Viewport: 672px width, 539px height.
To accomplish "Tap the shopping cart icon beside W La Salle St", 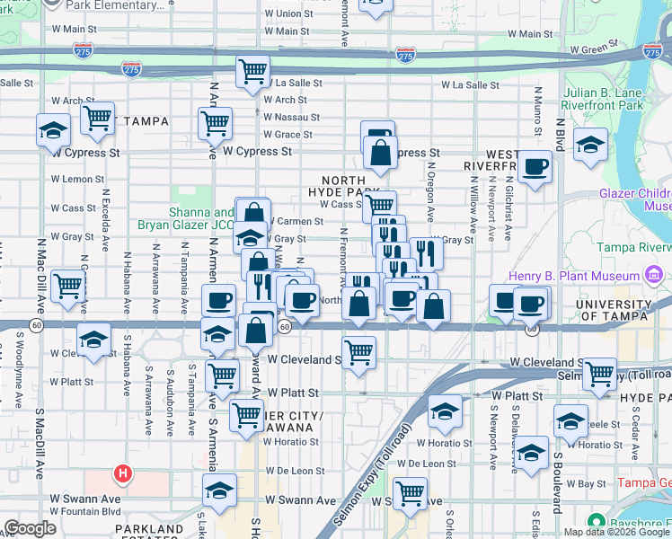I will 253,71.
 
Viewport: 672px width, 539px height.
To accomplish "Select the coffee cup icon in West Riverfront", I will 536,167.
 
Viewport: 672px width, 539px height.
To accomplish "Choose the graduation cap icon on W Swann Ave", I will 219,492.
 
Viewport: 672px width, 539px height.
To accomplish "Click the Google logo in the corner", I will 30,528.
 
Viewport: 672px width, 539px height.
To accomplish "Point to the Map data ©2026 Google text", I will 615,532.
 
